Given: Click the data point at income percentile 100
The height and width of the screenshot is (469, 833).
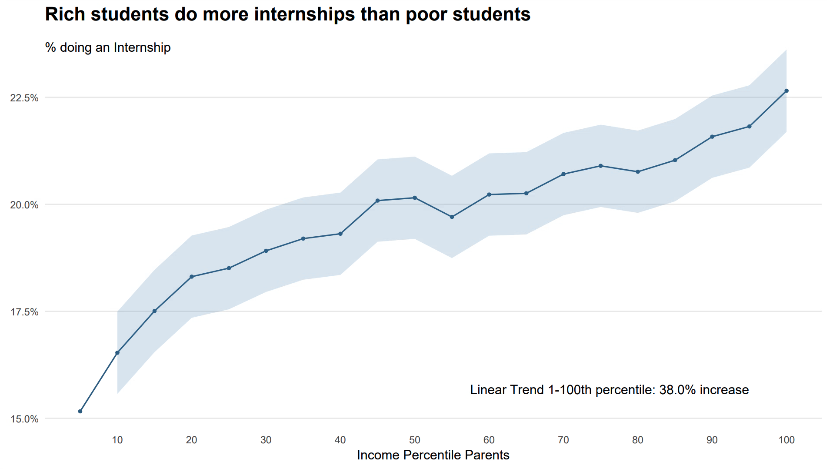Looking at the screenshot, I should (786, 91).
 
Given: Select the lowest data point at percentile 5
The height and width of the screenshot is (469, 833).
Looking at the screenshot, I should (80, 411).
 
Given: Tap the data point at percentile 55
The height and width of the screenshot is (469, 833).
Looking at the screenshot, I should (452, 217).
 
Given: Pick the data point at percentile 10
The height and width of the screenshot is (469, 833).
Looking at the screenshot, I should (117, 352).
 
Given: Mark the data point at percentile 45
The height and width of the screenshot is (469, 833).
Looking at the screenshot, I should (377, 201).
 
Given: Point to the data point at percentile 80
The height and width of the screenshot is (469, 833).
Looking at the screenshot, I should (638, 172).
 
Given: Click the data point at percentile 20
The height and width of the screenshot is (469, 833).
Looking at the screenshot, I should (192, 277).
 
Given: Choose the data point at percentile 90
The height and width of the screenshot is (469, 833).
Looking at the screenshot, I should (712, 137).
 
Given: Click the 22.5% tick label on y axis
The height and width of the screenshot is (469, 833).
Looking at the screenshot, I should (24, 98).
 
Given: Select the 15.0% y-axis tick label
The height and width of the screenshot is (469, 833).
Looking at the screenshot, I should (24, 419).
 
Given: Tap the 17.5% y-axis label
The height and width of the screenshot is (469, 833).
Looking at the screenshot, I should (24, 312).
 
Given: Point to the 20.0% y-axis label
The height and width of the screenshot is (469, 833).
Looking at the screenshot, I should (24, 205).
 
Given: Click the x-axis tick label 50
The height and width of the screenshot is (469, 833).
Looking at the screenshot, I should (415, 440).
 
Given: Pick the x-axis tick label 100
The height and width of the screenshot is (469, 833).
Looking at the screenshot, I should (786, 440).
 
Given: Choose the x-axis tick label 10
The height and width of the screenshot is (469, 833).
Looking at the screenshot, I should (117, 440).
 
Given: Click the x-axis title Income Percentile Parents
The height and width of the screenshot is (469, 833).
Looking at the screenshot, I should (433, 455).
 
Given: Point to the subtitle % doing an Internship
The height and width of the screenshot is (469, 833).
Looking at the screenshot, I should (108, 47).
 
